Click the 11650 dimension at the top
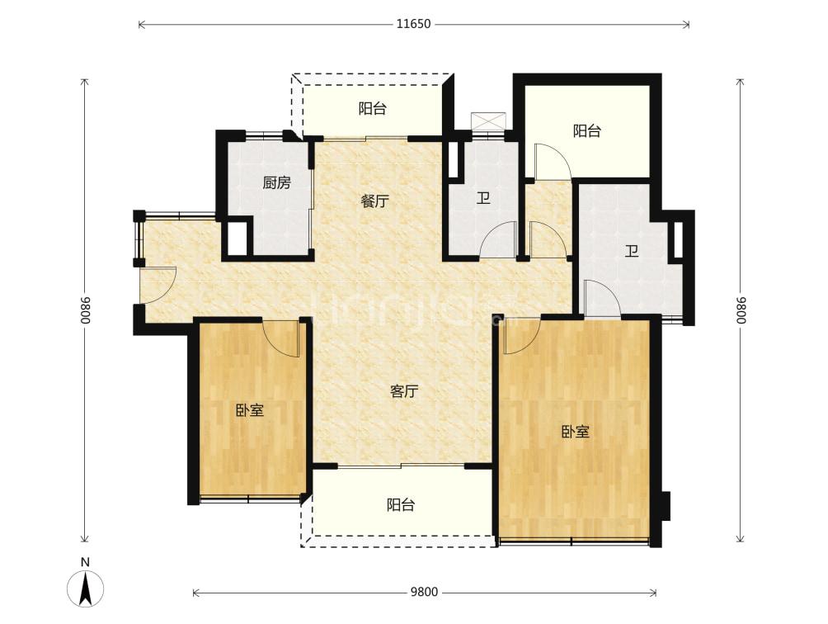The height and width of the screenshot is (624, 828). (x=414, y=24)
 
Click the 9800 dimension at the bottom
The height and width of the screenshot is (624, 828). (x=425, y=593)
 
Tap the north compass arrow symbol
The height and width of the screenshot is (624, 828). (x=85, y=588)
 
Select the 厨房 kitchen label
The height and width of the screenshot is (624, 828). (x=277, y=183)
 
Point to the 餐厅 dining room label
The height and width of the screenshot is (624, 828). (x=375, y=201)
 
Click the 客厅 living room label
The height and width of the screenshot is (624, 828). (x=404, y=391)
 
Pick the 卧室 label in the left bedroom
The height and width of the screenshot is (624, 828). (x=250, y=410)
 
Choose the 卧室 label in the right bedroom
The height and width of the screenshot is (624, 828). (x=575, y=433)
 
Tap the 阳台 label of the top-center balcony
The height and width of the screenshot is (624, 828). (x=372, y=109)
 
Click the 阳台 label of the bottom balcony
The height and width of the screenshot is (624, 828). (x=400, y=505)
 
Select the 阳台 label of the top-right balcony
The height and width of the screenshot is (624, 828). (x=586, y=131)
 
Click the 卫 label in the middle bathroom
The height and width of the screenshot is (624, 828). (x=483, y=199)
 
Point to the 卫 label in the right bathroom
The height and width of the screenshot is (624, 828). (x=632, y=251)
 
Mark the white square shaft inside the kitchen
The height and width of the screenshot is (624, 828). (x=237, y=239)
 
